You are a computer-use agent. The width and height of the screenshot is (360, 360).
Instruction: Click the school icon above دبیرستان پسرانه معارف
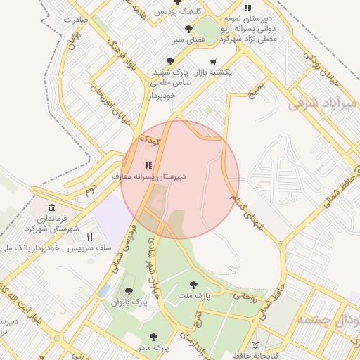click(x=148, y=165)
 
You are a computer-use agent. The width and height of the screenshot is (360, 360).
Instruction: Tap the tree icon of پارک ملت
click(x=193, y=285)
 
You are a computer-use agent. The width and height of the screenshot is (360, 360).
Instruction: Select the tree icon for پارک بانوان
click(x=129, y=290)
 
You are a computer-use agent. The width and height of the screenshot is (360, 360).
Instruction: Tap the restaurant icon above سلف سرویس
click(x=89, y=237)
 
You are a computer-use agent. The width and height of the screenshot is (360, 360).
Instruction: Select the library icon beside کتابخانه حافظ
click(x=255, y=345)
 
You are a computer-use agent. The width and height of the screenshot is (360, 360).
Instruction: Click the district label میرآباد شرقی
click(x=323, y=104)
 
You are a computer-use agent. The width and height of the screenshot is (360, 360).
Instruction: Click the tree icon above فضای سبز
click(x=188, y=29)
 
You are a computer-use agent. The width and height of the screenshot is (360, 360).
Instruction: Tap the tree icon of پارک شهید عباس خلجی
click(x=171, y=62)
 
